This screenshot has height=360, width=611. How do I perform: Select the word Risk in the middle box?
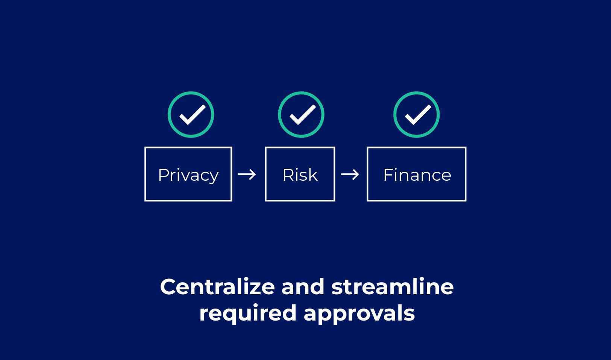click(300, 175)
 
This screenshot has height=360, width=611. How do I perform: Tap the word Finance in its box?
click(417, 175)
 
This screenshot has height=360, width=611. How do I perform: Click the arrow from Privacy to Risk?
click(247, 174)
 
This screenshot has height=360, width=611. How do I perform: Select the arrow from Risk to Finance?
click(350, 174)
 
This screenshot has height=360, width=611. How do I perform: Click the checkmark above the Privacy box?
click(192, 115)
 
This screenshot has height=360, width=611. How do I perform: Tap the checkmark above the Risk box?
click(303, 115)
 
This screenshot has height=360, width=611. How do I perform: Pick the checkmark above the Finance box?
click(418, 115)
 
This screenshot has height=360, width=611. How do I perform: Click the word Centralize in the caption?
click(217, 287)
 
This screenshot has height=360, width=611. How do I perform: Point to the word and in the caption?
click(303, 287)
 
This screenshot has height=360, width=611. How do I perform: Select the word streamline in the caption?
click(393, 287)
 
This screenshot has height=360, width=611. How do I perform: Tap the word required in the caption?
click(248, 314)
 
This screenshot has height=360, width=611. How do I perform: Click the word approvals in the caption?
click(359, 314)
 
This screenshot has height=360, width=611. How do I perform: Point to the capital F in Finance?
click(388, 175)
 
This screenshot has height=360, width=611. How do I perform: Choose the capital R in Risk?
click(289, 175)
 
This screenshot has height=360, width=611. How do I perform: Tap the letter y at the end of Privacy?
click(213, 178)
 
